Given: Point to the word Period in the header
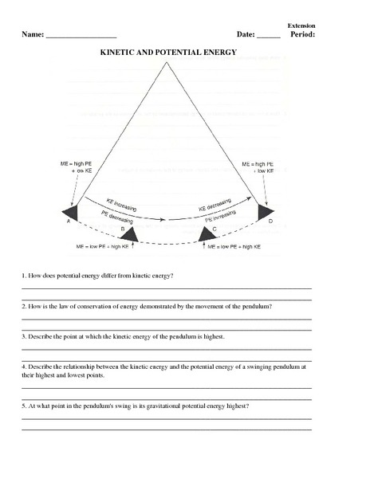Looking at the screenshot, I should (x=303, y=35).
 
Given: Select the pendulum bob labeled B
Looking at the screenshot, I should (x=128, y=233).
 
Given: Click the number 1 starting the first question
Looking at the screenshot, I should (x=23, y=276).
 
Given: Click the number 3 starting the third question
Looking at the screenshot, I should (x=23, y=337).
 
